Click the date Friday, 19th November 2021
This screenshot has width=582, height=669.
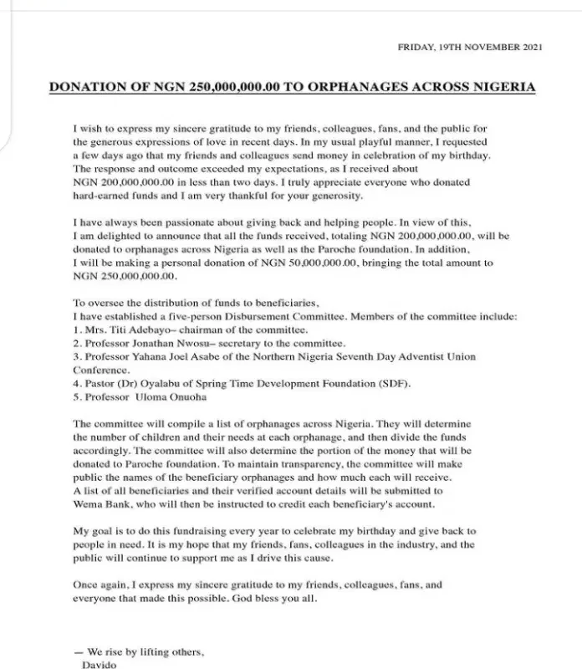tap(470, 49)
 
